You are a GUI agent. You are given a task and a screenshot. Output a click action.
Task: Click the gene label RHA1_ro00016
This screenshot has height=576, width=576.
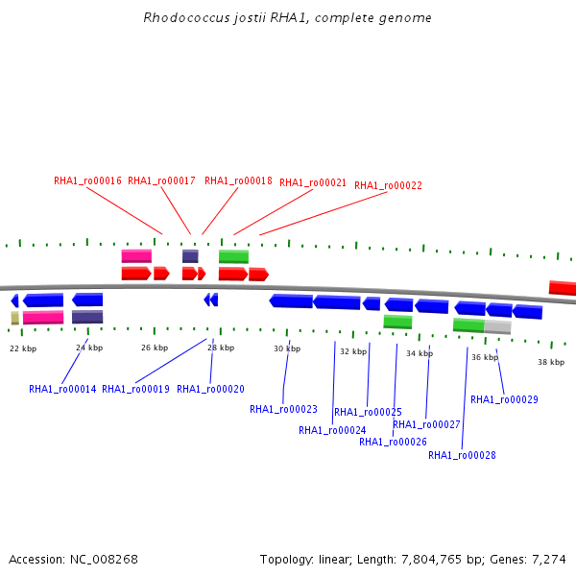(x=87, y=180)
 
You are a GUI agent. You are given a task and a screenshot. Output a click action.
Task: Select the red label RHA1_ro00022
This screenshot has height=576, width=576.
(x=388, y=185)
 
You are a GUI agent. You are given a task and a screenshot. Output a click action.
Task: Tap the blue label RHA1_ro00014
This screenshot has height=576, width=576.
(x=62, y=389)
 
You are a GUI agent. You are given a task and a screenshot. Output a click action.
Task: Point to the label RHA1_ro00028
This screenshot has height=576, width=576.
(x=462, y=455)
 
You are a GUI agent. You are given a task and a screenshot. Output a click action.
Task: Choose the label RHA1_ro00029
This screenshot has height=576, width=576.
(x=504, y=399)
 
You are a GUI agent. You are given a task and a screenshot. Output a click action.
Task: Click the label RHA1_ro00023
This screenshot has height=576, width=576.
(x=283, y=409)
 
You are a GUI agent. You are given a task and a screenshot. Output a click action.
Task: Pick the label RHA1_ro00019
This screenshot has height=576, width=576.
(x=135, y=389)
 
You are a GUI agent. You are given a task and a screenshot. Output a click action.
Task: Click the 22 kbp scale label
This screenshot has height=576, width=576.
(x=23, y=348)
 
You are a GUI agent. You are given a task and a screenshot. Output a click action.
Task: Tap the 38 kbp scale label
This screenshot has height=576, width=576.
(x=551, y=362)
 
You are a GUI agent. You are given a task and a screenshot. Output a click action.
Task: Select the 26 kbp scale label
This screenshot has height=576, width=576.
(x=155, y=348)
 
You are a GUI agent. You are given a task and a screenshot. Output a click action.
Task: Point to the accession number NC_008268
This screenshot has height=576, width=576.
(x=104, y=560)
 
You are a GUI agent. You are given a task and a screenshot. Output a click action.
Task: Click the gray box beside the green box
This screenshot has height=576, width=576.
(x=497, y=327)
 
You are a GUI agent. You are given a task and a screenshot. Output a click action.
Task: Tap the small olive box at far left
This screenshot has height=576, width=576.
(x=15, y=318)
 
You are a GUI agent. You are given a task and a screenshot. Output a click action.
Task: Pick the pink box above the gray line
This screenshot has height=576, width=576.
(x=136, y=256)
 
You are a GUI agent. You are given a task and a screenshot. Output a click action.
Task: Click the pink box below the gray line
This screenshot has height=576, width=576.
(x=43, y=318)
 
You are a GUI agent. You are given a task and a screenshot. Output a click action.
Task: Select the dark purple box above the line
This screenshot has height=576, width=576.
(x=190, y=256)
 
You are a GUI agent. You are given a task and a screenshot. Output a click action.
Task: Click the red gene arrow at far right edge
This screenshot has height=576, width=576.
(x=563, y=288)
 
